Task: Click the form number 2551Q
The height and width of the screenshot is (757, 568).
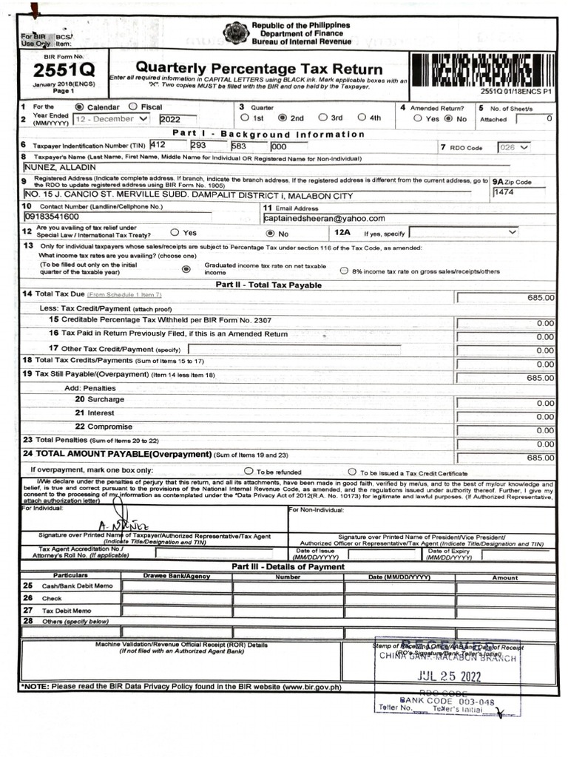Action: coord(53,71)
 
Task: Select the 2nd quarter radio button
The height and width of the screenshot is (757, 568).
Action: coord(283,118)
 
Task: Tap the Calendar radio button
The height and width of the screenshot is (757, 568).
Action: coord(80,107)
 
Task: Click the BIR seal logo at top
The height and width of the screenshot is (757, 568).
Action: coord(236,33)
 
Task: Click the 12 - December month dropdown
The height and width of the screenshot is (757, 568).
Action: coord(111,119)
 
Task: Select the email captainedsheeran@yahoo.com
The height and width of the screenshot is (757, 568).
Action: coord(324,218)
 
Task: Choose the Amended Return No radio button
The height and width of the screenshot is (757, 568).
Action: coord(447,118)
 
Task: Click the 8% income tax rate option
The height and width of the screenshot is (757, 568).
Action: coord(344,271)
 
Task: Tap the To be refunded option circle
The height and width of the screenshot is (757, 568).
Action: coord(248,471)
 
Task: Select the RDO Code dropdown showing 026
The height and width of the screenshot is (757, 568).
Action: coord(514,147)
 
